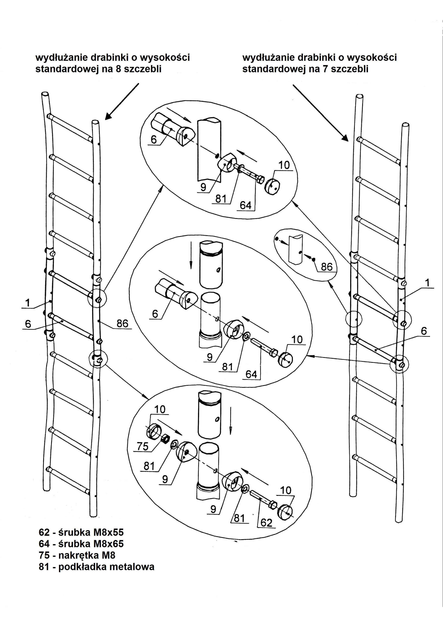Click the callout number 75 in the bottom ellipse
[143, 447]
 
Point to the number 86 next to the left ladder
[122, 323]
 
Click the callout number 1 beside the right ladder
[427, 283]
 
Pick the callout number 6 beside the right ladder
[424, 331]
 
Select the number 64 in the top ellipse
[245, 205]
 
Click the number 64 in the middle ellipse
[251, 374]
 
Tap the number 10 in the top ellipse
[284, 165]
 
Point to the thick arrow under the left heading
[122, 101]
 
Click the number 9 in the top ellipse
[203, 187]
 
